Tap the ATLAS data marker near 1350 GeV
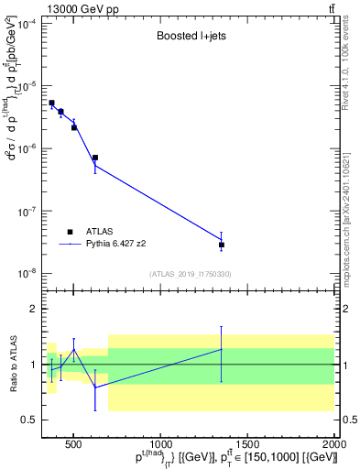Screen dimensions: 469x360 pyautogui.click(x=221, y=245)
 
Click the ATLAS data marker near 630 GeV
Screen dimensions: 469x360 pyautogui.click(x=94, y=158)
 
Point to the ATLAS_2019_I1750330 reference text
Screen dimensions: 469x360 pyautogui.click(x=190, y=274)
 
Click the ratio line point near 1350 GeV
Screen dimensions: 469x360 pyautogui.click(x=221, y=349)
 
